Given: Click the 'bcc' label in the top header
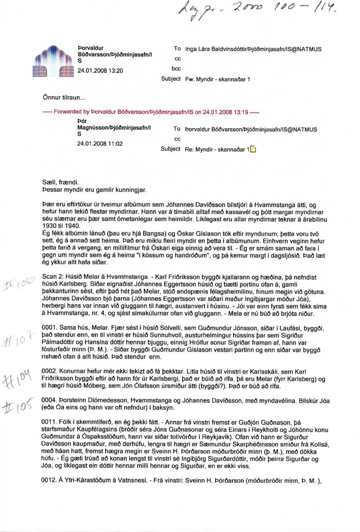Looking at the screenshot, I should click(176, 69).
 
